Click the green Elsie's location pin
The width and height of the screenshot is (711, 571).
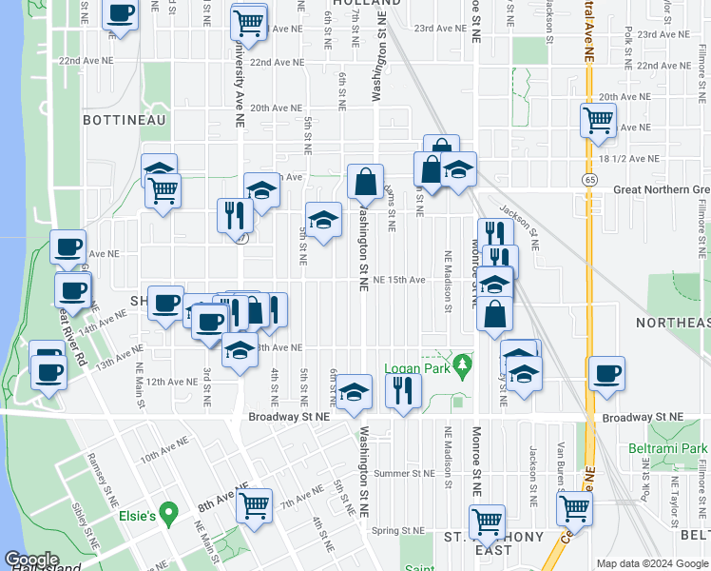click(x=169, y=515)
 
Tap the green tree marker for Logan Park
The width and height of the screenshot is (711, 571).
click(x=462, y=364)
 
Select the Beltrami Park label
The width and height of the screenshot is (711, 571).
click(x=667, y=447)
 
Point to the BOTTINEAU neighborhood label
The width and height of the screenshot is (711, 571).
click(x=125, y=120)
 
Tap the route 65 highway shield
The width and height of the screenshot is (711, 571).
click(x=590, y=179)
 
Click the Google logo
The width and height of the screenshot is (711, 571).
click(x=30, y=560)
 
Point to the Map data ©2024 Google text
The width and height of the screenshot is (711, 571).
click(x=650, y=563)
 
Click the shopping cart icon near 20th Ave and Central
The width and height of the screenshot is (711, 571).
click(x=597, y=119)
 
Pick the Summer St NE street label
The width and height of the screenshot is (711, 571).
click(x=405, y=473)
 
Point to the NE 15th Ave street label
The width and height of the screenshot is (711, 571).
click(x=399, y=280)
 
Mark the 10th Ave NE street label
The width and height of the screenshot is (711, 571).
click(x=161, y=458)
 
